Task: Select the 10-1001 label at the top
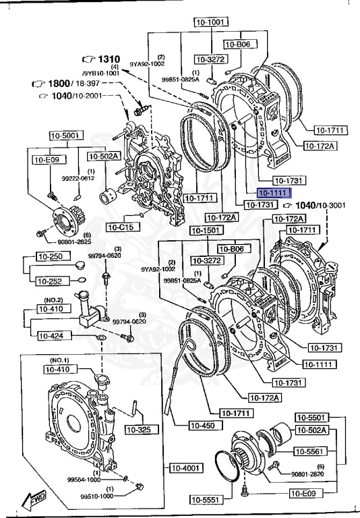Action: point(209,21)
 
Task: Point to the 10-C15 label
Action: point(122,227)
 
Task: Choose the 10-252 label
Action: point(51,281)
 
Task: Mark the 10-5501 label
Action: point(311,418)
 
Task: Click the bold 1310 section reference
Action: point(103,59)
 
